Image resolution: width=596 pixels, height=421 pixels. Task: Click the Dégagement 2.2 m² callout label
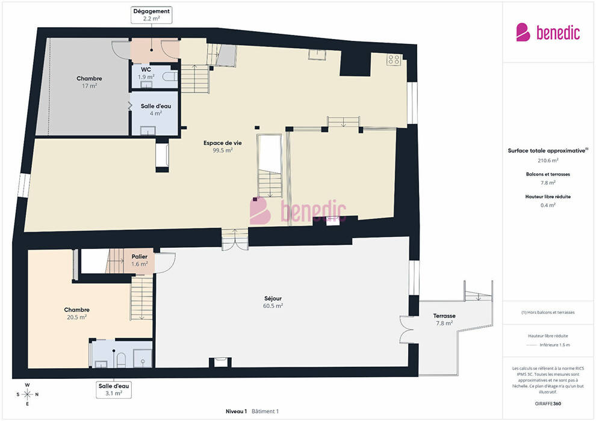(x=151, y=15)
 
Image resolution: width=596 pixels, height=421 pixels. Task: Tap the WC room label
(x=146, y=73)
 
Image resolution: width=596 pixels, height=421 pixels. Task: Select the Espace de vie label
(x=222, y=147)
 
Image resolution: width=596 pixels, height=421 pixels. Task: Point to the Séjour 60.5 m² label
(x=273, y=302)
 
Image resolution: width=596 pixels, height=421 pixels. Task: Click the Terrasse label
(x=444, y=319)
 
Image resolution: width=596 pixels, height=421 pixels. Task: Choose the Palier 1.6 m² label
(x=140, y=260)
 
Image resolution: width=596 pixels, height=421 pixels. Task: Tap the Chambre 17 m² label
(x=89, y=82)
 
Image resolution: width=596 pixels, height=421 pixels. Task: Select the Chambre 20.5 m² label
(x=77, y=313)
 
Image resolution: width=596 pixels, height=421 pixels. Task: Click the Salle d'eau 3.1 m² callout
(x=114, y=390)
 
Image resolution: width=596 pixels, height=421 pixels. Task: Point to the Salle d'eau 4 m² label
(x=156, y=109)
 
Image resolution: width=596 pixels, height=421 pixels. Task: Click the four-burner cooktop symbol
(x=394, y=59)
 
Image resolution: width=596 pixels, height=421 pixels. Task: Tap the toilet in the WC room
(x=170, y=77)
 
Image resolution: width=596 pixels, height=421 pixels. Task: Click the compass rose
(x=27, y=395)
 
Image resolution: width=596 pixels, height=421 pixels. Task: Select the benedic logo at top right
(x=548, y=32)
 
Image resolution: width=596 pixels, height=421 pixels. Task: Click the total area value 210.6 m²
(x=548, y=161)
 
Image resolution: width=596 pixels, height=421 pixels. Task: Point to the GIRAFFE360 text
(x=548, y=404)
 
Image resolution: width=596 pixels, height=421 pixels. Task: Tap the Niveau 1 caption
(x=236, y=411)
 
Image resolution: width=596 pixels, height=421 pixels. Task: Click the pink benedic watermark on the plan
(x=298, y=211)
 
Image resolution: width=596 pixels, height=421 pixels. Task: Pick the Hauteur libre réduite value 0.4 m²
(x=548, y=205)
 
